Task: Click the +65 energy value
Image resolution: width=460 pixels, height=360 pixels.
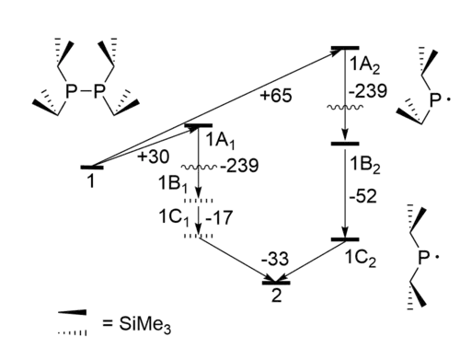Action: (276, 96)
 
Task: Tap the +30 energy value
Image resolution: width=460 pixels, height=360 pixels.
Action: (153, 157)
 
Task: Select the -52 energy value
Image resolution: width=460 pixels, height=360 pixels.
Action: (362, 196)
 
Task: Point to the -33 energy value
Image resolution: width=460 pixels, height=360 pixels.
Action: (275, 259)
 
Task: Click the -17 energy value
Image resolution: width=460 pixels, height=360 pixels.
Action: (219, 217)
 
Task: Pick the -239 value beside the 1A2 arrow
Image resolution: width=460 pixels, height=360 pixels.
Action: (368, 91)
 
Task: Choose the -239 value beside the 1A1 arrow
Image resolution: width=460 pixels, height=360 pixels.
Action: (239, 166)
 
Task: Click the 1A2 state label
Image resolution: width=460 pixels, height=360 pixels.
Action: (364, 65)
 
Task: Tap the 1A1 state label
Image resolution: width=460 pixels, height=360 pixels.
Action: (220, 141)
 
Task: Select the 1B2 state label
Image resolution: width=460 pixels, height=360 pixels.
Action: (365, 166)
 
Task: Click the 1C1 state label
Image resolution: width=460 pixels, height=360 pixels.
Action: (174, 218)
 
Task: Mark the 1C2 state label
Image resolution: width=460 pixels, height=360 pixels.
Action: (360, 259)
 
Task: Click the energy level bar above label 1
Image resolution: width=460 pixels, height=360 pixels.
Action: (92, 168)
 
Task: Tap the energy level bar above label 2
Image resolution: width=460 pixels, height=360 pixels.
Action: (276, 283)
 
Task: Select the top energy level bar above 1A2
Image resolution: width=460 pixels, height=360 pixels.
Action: (345, 48)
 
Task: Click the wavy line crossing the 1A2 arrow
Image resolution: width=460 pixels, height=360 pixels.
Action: (345, 107)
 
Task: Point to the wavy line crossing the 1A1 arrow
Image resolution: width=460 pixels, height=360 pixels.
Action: (199, 168)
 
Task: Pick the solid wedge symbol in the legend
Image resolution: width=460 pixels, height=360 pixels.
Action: (73, 312)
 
